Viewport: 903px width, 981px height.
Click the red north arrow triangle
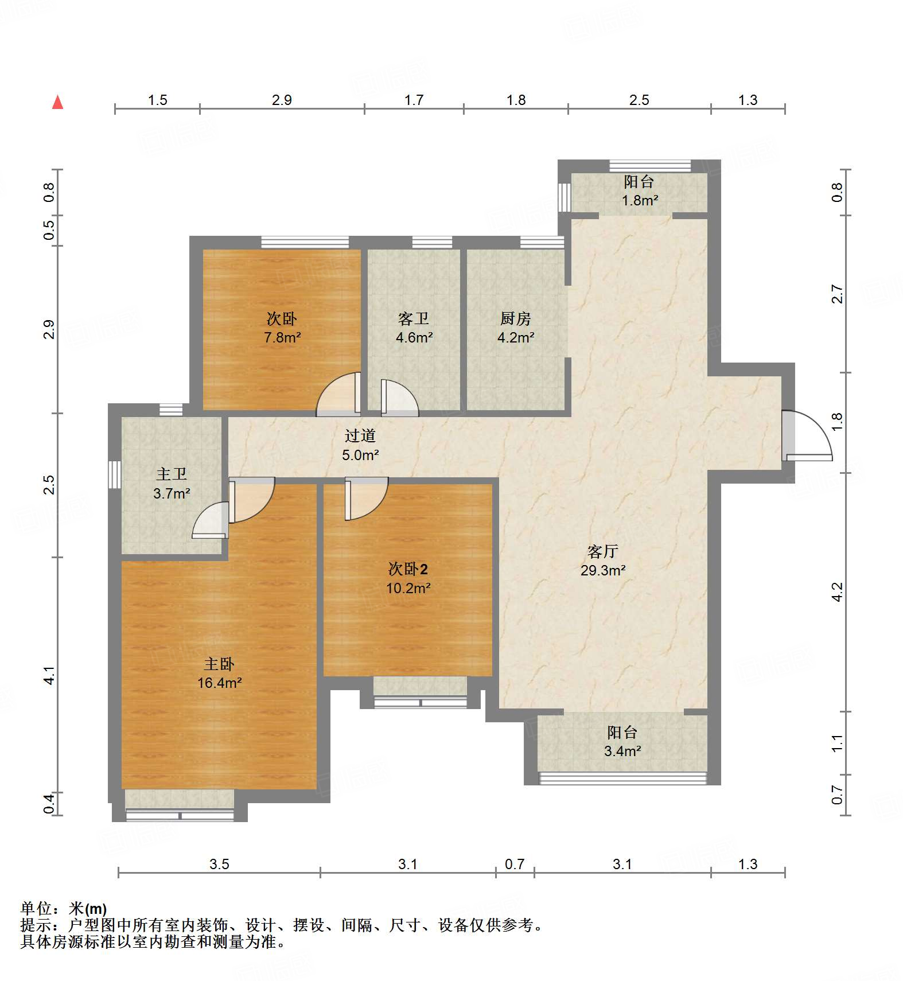57,103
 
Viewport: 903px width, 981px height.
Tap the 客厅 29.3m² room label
602,560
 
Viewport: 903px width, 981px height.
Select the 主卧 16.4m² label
219,673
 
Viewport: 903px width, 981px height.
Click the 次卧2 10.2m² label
408,578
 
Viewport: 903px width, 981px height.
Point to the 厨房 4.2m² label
515,328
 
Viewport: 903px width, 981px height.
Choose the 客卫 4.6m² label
414,328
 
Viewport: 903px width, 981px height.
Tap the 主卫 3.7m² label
172,483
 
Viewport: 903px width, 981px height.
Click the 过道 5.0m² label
360,445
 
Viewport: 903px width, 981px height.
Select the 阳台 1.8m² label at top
639,191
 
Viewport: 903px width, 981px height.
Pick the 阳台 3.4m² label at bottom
622,741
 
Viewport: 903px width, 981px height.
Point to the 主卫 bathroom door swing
211,521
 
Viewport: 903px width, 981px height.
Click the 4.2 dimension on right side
838,591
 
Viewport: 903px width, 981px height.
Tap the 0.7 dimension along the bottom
515,864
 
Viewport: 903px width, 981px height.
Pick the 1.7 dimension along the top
414,100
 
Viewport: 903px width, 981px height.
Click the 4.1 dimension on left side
49,675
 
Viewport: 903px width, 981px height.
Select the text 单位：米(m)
64,909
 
